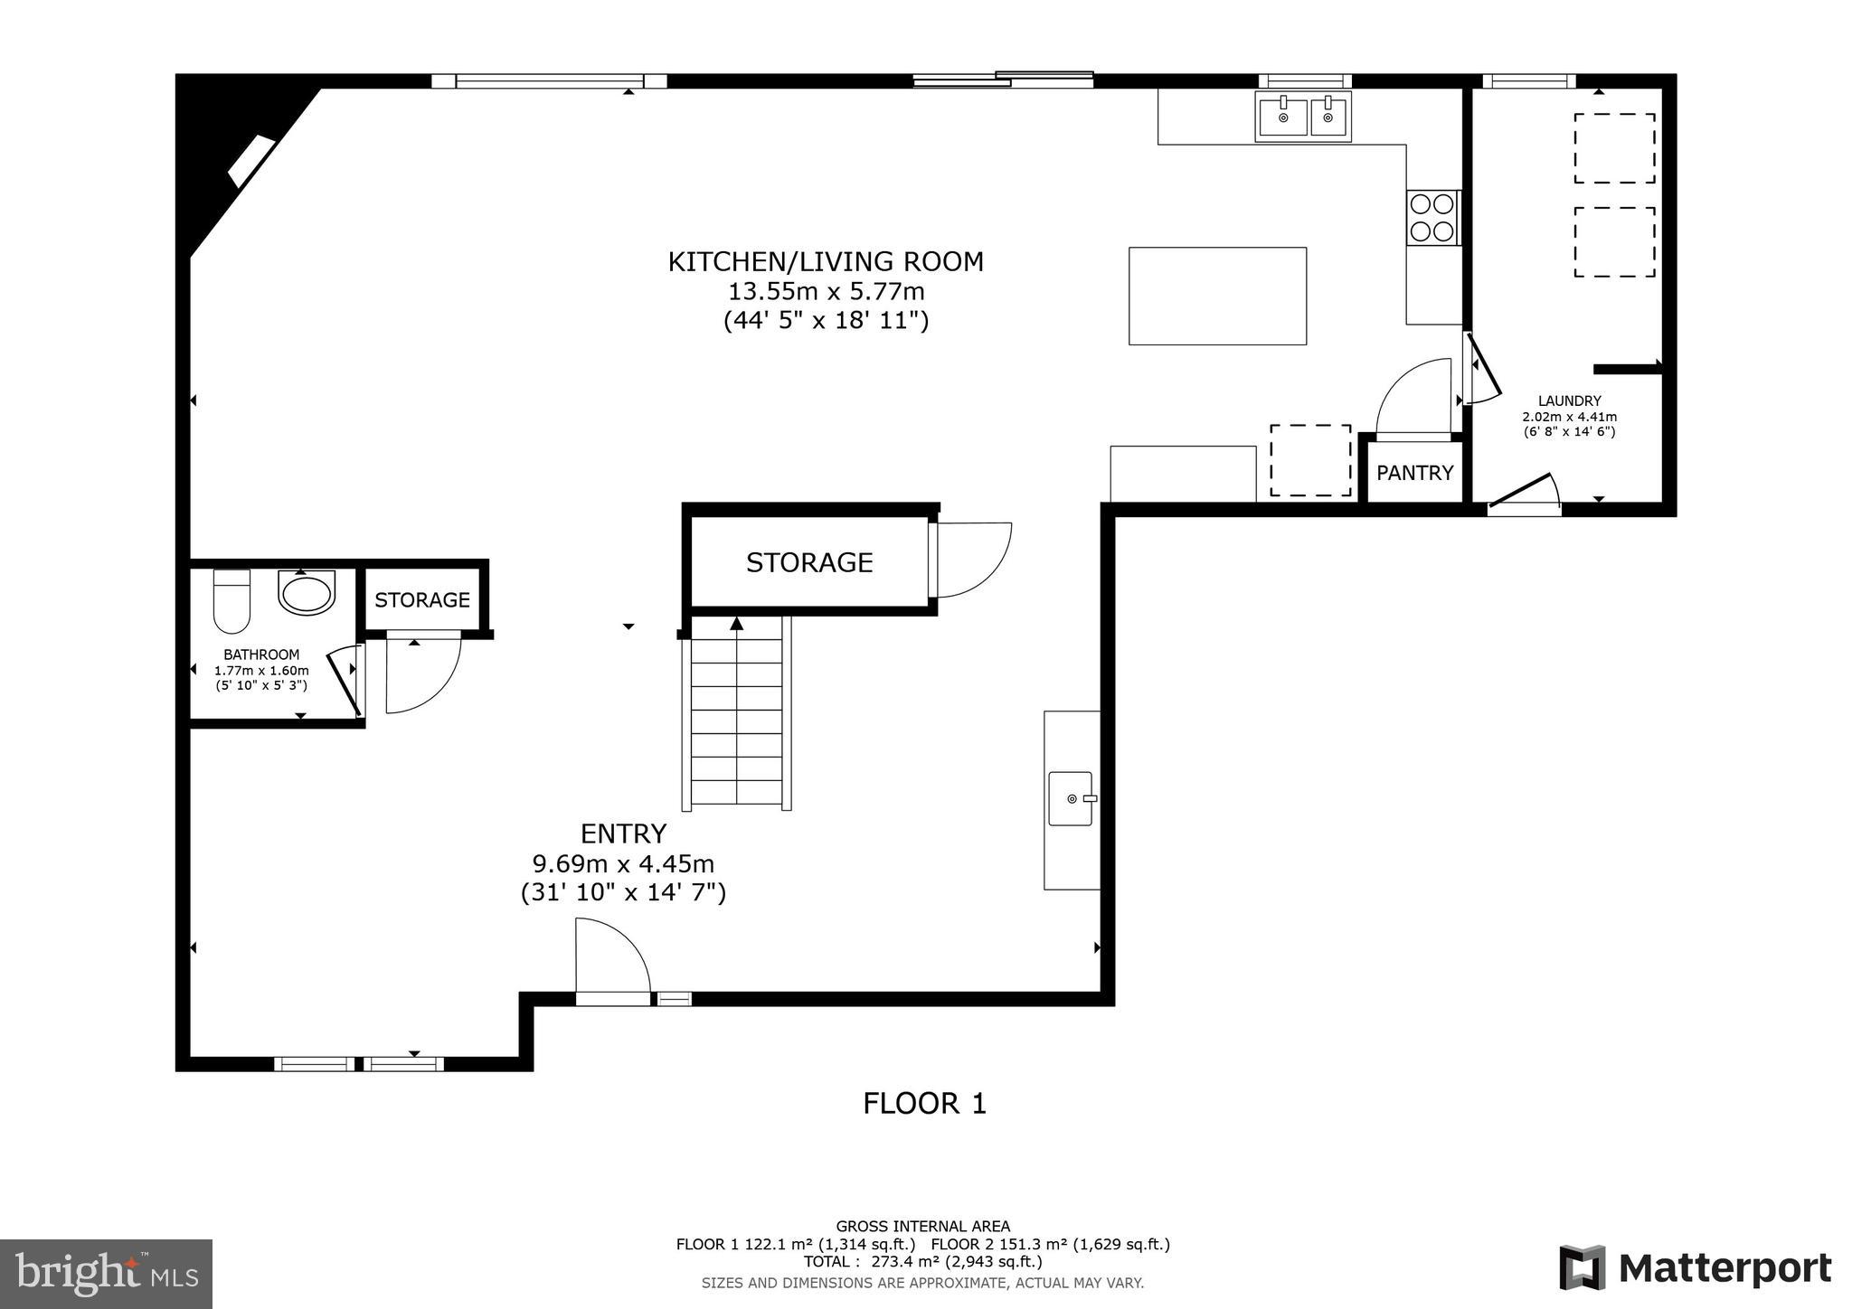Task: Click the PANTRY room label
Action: pyautogui.click(x=1414, y=473)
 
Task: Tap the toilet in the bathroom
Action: pyautogui.click(x=231, y=601)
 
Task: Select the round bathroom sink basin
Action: pyautogui.click(x=307, y=594)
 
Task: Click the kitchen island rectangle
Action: pyautogui.click(x=1217, y=296)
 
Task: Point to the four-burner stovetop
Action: pyautogui.click(x=1432, y=218)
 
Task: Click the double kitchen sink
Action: pyautogui.click(x=1303, y=117)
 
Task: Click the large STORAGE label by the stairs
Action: pyautogui.click(x=809, y=562)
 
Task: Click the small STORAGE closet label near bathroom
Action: pyautogui.click(x=422, y=600)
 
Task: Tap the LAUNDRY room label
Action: pyautogui.click(x=1569, y=401)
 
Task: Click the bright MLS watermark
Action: pyautogui.click(x=107, y=1275)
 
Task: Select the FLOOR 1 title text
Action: pyautogui.click(x=924, y=1104)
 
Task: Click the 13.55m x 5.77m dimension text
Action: pyautogui.click(x=827, y=292)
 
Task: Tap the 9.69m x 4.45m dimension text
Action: pyautogui.click(x=623, y=863)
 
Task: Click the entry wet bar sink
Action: pyautogui.click(x=1071, y=799)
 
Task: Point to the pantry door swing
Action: pyautogui.click(x=1413, y=398)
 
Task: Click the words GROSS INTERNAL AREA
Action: pyautogui.click(x=922, y=1227)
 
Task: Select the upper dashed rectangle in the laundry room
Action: pyautogui.click(x=1614, y=148)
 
